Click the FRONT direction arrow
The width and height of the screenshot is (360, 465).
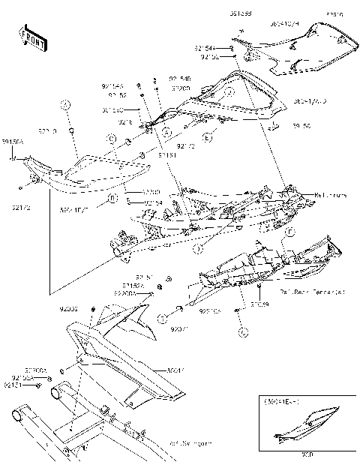click(31, 38)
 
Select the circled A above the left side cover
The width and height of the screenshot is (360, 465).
click(67, 106)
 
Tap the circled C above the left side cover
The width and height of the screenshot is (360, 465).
click(111, 139)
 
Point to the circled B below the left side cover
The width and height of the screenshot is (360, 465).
click(112, 199)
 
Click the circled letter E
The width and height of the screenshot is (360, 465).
click(208, 139)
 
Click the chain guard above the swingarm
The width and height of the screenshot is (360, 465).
click(127, 367)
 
